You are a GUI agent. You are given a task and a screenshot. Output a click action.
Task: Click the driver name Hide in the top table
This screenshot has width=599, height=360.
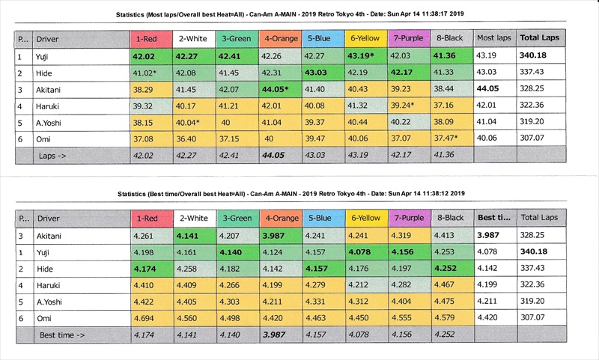(44, 72)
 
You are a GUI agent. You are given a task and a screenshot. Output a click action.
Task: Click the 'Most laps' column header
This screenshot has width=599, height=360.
(494, 37)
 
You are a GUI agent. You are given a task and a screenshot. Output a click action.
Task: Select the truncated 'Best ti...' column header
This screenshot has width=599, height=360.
(494, 219)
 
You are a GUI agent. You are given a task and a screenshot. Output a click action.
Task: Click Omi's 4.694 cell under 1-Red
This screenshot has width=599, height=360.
(149, 317)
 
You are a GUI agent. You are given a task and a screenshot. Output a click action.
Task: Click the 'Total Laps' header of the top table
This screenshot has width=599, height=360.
(540, 37)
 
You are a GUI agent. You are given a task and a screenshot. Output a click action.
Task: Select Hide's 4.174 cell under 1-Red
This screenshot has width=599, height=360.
(149, 269)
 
